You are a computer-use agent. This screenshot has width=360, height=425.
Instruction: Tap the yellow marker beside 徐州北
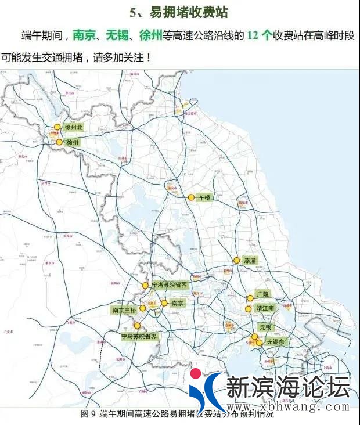point(57,127)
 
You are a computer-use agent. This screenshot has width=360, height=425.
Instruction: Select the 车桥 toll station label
point(205,197)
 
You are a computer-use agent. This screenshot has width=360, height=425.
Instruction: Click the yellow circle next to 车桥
point(191,197)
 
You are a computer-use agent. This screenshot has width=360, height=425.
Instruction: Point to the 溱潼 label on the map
point(250,261)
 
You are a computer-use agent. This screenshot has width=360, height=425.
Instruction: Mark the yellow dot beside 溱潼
point(236,261)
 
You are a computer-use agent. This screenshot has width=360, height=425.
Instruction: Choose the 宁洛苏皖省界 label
point(170,285)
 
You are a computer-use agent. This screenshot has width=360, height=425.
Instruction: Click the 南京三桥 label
point(124,310)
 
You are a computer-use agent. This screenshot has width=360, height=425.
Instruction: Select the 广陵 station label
point(262,294)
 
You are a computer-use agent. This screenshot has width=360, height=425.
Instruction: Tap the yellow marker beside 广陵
point(250,298)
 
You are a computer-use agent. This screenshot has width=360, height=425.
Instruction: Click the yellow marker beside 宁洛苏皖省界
point(145,285)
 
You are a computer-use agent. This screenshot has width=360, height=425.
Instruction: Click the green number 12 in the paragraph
point(253,35)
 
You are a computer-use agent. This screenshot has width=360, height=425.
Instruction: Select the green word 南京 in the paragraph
point(84,35)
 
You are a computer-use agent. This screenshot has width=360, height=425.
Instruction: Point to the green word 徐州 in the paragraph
point(151,35)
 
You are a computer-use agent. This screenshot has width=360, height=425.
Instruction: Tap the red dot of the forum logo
point(196,373)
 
